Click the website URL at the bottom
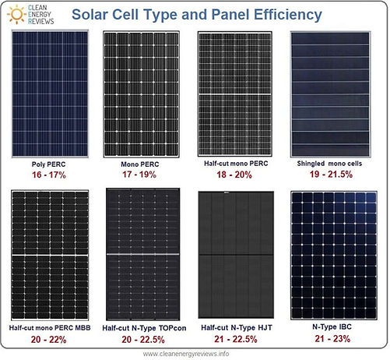point(195,351)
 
